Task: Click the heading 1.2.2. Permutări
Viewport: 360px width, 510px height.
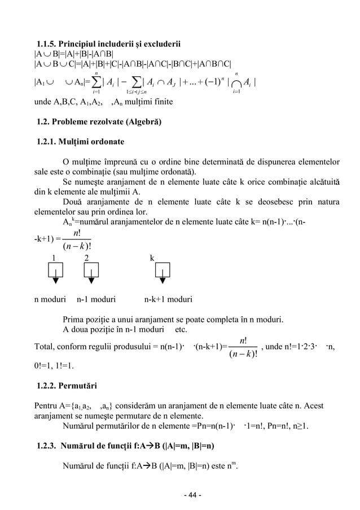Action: pos(67,386)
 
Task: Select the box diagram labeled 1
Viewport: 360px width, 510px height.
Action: pos(55,274)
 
